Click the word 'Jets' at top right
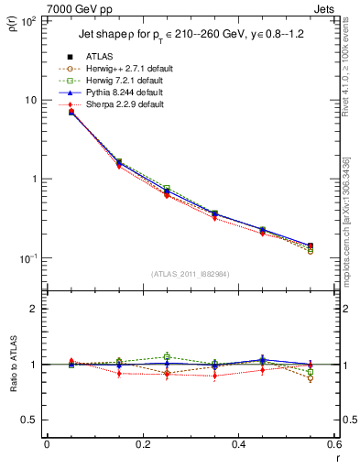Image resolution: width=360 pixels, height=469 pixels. tap(323, 9)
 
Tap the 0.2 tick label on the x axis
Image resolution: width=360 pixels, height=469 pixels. tap(142, 444)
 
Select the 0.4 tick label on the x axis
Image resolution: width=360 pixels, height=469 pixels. tap(237, 444)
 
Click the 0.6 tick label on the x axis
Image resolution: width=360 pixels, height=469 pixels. tap(333, 444)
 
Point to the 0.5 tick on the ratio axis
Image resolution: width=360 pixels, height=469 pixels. tap(32, 420)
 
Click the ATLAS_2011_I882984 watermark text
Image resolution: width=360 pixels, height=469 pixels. tap(189, 274)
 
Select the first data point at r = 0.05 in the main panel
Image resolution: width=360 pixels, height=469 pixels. tap(71, 112)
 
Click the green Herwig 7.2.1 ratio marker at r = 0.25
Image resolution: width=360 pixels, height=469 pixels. tap(167, 356)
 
